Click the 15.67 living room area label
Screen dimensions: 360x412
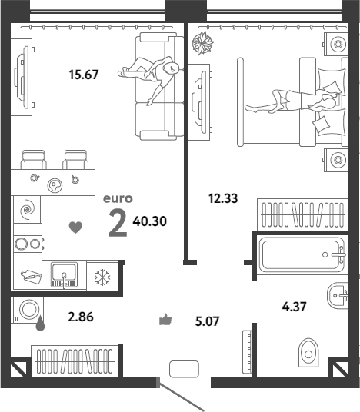pyautogui.click(x=84, y=75)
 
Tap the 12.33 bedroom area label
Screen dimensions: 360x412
pyautogui.click(x=223, y=198)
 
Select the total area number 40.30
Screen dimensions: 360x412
pyautogui.click(x=150, y=221)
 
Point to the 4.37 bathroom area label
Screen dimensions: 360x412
pyautogui.click(x=295, y=307)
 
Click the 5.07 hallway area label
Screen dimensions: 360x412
pyautogui.click(x=207, y=321)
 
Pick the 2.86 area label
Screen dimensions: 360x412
pyautogui.click(x=81, y=317)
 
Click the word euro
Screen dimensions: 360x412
pyautogui.click(x=118, y=198)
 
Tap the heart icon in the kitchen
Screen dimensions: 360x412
pyautogui.click(x=75, y=228)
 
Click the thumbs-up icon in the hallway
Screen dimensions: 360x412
pyautogui.click(x=165, y=320)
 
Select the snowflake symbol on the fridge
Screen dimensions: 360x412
pyautogui.click(x=102, y=277)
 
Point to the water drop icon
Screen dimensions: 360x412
pyautogui.click(x=40, y=324)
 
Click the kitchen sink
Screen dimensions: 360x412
pyautogui.click(x=64, y=275)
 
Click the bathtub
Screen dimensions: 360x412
pyautogui.click(x=302, y=254)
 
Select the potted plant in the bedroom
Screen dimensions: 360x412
pyautogui.click(x=202, y=43)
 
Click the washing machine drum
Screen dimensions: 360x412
pyautogui.click(x=29, y=309)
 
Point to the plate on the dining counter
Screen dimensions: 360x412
pyautogui.click(x=55, y=185)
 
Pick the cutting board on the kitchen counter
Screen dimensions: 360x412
pyautogui.click(x=32, y=277)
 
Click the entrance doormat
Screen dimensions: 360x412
pyautogui.click(x=184, y=369)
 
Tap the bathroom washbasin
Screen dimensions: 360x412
pyautogui.click(x=338, y=296)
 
